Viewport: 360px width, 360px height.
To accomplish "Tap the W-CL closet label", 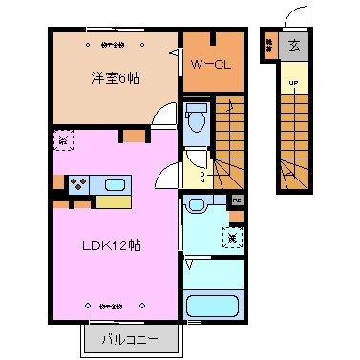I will (209, 66).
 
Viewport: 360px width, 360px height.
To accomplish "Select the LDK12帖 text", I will (112, 244).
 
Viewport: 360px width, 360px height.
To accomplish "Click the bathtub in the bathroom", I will (214, 307).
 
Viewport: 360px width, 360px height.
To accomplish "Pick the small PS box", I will (237, 201).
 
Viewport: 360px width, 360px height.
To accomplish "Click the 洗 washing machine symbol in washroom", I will (232, 234).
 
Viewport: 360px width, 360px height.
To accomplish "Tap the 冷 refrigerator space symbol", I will (63, 140).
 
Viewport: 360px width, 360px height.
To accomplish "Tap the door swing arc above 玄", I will (297, 17).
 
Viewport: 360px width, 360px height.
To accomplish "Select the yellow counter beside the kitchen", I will (113, 201).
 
